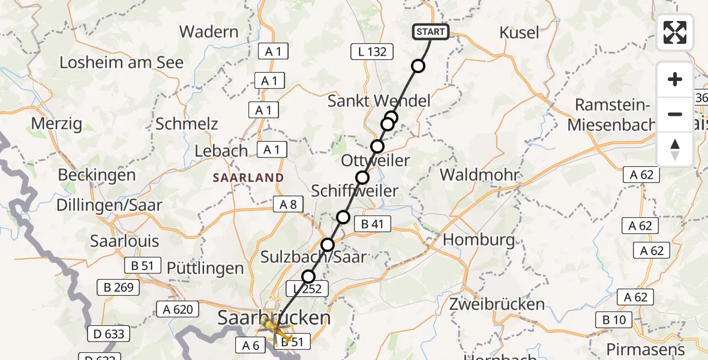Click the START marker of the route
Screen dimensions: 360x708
[x=430, y=32]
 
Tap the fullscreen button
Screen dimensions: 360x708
[x=675, y=32]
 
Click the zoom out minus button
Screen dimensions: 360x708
[x=675, y=114]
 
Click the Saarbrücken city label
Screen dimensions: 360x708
[x=274, y=317]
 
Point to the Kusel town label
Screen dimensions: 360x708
[x=519, y=32]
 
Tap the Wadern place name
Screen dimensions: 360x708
[x=209, y=31]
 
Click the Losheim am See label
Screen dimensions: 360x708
[x=121, y=62]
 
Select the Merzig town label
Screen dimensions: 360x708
[x=56, y=124]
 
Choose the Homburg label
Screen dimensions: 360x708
[x=479, y=240]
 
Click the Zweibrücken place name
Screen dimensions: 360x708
[x=497, y=303]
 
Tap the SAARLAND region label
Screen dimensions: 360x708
[x=248, y=178]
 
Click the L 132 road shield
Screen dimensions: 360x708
[x=371, y=52]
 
